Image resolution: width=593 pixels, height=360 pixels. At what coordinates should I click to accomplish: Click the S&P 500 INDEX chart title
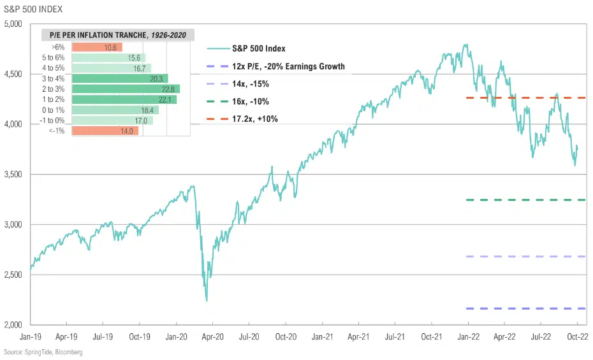click(29, 9)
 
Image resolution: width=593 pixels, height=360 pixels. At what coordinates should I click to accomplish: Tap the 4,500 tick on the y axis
click(13, 75)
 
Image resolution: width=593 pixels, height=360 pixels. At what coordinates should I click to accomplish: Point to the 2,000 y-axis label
click(13, 325)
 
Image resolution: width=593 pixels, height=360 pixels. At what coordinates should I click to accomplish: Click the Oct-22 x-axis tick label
click(576, 335)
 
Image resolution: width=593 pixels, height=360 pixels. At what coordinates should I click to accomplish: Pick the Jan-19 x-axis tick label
click(31, 335)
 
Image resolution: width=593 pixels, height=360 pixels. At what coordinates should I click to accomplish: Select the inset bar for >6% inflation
click(97, 47)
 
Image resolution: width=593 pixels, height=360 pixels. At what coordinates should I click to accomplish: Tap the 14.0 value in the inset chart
click(127, 131)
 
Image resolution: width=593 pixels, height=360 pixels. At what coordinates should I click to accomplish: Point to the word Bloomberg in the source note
click(68, 352)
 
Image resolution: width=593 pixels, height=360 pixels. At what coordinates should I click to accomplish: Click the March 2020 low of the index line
click(206, 300)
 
